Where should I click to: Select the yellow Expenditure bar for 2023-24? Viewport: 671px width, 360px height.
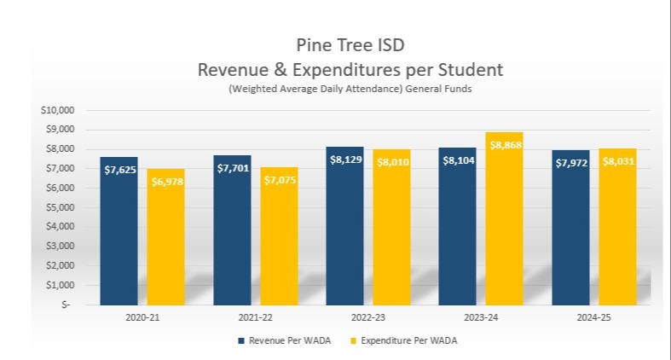tap(505, 230)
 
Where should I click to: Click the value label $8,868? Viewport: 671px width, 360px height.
tap(505, 145)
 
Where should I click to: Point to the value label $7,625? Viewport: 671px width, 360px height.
tap(119, 170)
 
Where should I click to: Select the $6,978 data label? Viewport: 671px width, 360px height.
tap(165, 182)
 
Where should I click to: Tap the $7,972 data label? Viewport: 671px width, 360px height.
tap(570, 163)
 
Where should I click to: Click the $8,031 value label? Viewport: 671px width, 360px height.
tap(617, 161)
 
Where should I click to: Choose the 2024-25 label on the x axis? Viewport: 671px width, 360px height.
tap(593, 317)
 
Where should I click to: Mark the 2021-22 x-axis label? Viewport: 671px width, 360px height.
tap(255, 317)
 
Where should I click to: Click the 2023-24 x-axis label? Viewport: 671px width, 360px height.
tap(481, 317)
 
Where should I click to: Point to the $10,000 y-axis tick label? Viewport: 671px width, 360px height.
tap(58, 110)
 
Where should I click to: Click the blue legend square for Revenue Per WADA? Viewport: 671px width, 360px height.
tap(241, 341)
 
